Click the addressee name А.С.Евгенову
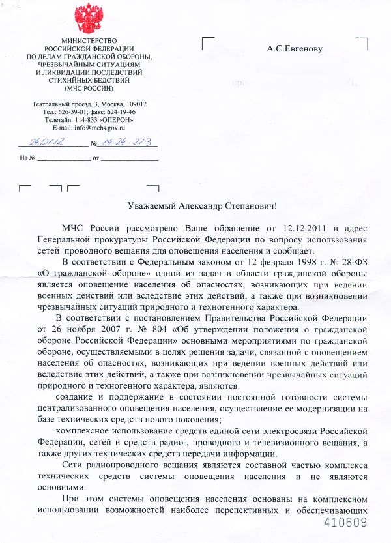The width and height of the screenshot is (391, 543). [295, 48]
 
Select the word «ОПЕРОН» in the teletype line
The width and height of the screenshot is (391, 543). [119, 120]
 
